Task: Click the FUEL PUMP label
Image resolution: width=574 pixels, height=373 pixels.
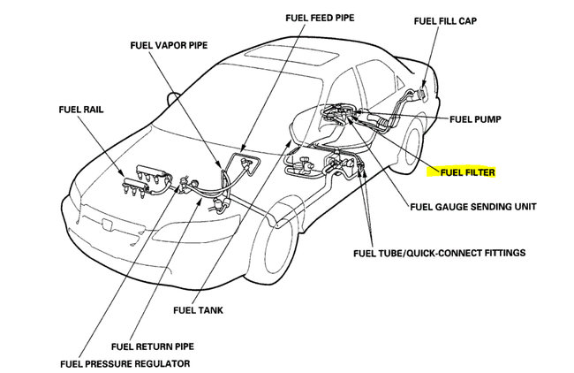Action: [x=477, y=119]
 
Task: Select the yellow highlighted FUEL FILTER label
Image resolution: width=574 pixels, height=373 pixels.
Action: [x=461, y=173]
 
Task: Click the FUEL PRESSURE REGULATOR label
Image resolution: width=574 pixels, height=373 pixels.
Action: [x=125, y=363]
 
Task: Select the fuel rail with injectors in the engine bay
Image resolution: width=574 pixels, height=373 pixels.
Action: [x=146, y=177]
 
